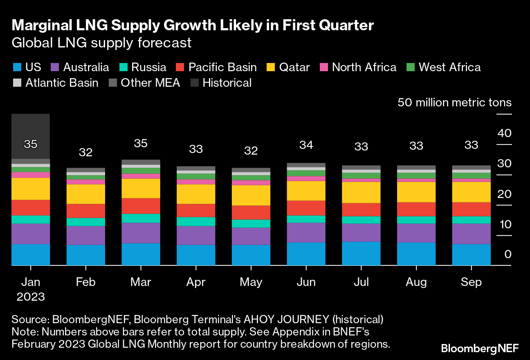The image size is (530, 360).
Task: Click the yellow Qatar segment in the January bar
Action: point(31,189)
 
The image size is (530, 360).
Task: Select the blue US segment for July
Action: point(361,254)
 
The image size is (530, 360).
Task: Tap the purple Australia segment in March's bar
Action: point(141,233)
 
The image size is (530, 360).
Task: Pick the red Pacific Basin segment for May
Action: point(251,212)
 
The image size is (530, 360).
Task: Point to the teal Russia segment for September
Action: point(471,220)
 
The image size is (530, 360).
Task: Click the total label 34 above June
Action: point(306,144)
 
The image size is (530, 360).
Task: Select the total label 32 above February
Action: point(85,153)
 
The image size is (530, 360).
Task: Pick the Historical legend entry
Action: point(227,83)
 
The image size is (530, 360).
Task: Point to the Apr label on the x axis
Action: point(195,282)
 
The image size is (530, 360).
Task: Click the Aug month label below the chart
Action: point(416,282)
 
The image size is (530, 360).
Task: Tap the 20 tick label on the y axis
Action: point(504,194)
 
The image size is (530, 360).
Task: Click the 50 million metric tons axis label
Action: point(454,102)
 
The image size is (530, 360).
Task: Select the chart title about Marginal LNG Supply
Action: point(193,26)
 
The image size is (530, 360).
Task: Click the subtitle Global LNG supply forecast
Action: point(101,43)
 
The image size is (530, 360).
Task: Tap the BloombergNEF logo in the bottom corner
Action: point(479,349)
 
